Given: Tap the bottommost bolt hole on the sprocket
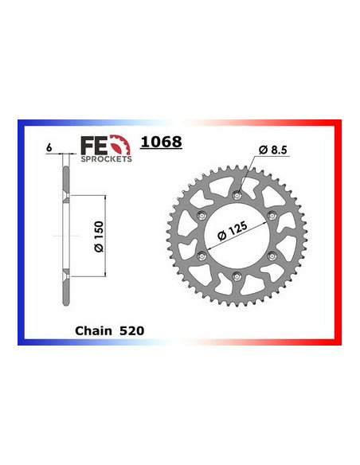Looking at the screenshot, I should [x=237, y=274].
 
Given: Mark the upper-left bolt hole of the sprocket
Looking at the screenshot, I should [x=203, y=216].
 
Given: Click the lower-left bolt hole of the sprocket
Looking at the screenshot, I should [x=203, y=255].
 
